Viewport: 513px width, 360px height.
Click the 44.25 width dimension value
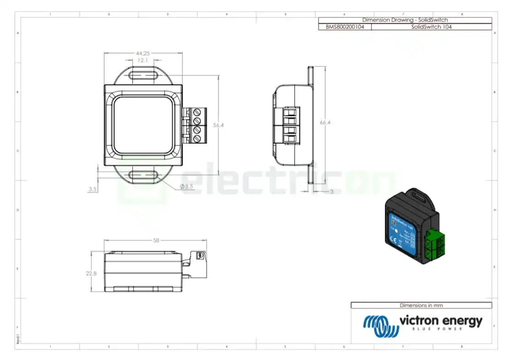click(x=143, y=54)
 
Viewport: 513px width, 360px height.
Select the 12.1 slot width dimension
click(x=143, y=60)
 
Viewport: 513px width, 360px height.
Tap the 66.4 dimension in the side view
click(x=325, y=123)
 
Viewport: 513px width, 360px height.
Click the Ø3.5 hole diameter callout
click(x=186, y=186)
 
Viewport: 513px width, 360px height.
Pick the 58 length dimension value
click(x=156, y=240)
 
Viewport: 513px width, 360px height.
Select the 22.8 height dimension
click(x=92, y=273)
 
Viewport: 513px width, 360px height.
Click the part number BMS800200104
click(x=345, y=27)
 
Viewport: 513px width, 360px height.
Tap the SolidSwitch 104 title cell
click(x=431, y=27)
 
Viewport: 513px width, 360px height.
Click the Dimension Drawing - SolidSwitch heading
click(x=405, y=20)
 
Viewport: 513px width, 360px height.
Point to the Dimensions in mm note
click(x=421, y=305)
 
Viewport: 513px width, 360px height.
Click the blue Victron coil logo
click(x=380, y=326)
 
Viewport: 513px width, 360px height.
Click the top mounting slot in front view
click(x=143, y=75)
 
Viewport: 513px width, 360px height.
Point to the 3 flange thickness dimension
click(x=331, y=191)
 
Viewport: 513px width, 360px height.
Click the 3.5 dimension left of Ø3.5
click(x=93, y=189)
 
